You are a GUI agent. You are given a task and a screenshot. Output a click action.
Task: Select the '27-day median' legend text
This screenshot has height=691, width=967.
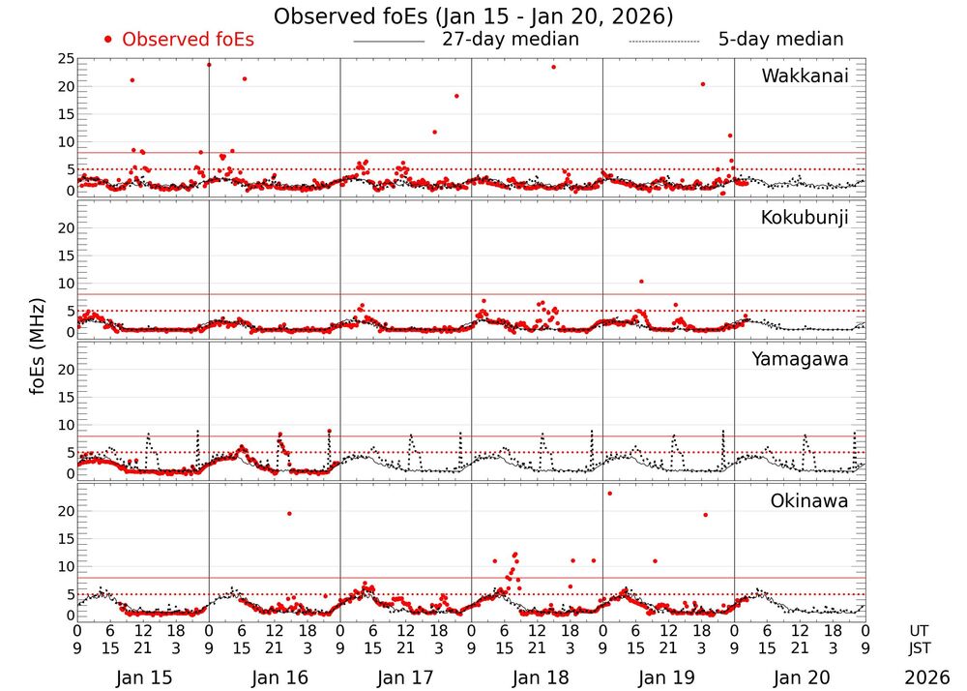click(510, 40)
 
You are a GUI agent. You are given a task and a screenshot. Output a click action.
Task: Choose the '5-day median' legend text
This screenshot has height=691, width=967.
click(780, 40)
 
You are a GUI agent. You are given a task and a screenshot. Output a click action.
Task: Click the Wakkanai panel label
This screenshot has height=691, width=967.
click(805, 76)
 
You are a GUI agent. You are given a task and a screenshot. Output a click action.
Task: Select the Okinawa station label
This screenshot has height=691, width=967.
click(808, 501)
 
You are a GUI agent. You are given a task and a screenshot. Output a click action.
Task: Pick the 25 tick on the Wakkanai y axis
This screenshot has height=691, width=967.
click(65, 60)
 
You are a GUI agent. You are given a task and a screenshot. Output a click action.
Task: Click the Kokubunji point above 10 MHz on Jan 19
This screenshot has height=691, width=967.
click(641, 282)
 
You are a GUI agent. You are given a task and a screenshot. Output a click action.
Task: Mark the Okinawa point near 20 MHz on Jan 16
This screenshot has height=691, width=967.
click(289, 513)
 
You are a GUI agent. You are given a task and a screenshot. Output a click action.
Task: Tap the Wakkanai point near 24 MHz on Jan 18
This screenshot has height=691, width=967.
click(553, 67)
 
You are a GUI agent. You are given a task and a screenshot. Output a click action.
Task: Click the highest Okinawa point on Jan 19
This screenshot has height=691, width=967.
click(609, 494)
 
